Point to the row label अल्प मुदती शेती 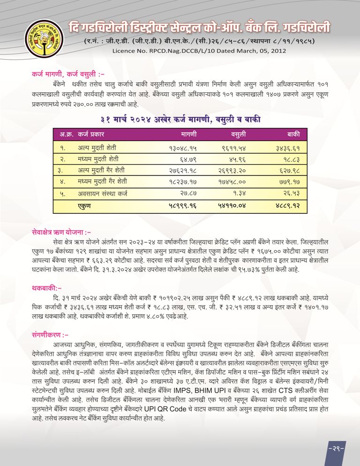97,147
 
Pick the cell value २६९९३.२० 232,170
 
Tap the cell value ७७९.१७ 290,181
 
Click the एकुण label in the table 85,205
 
